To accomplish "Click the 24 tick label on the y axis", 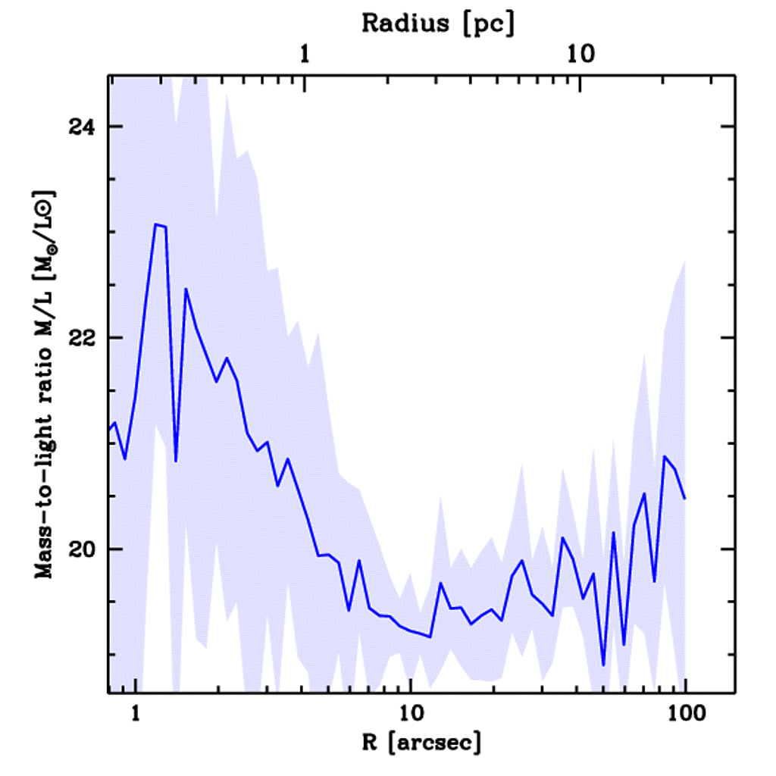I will tap(80, 127).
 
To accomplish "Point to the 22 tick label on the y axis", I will tap(80, 338).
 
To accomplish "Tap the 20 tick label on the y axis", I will tap(80, 549).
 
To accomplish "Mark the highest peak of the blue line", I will tap(155, 224).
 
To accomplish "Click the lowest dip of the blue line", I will tap(603, 665).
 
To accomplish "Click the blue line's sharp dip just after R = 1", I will tap(176, 461).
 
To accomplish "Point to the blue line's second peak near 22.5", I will tap(186, 289).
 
